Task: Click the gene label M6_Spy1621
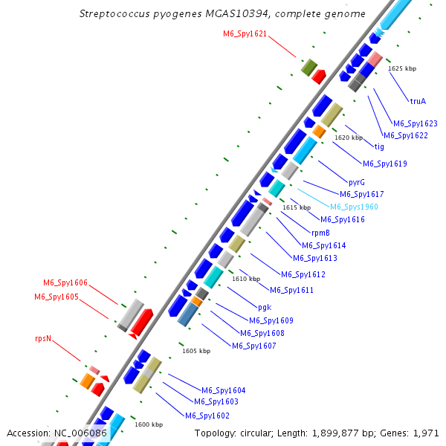[245, 33]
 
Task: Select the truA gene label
[418, 101]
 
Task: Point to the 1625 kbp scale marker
[402, 68]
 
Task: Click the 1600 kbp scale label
[149, 424]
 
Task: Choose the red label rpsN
[44, 337]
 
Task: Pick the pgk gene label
[265, 306]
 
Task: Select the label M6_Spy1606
[65, 282]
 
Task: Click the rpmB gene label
[321, 233]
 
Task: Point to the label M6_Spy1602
[207, 415]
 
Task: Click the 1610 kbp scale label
[246, 279]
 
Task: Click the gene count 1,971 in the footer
[426, 433]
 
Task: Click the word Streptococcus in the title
[115, 14]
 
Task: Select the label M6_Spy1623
[416, 123]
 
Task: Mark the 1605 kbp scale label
[196, 350]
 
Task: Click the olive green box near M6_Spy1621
[309, 68]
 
